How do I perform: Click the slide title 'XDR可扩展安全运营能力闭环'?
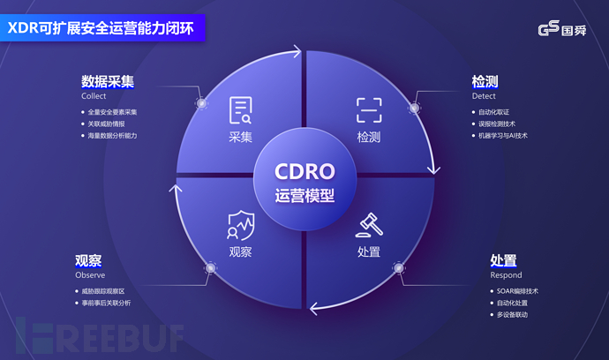pos(102,28)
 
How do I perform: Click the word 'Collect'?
pos(94,96)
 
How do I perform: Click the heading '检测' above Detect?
pos(485,82)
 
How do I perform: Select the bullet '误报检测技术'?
pos(498,124)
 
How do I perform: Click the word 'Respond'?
pos(506,275)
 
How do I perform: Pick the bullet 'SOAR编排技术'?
pos(519,290)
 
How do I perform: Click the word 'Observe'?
pos(90,275)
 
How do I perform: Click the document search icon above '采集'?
pos(240,110)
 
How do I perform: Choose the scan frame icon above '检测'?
pos(369,110)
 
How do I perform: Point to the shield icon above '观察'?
pos(240,225)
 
